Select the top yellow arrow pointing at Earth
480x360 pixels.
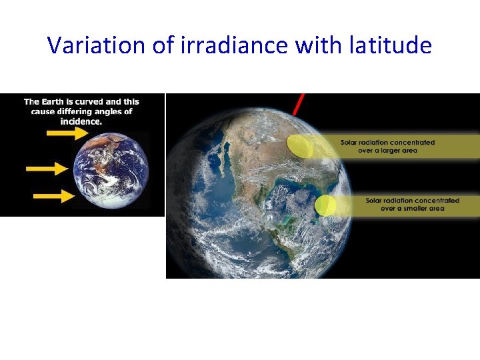(x=67, y=133)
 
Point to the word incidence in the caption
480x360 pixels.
(x=81, y=121)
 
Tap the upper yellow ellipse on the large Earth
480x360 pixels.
(x=299, y=146)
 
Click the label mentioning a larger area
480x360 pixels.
(x=387, y=146)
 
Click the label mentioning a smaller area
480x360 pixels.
(x=412, y=204)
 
